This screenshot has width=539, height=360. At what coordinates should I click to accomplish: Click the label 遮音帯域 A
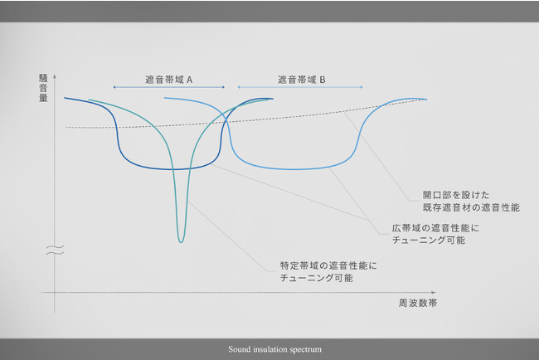(x=169, y=80)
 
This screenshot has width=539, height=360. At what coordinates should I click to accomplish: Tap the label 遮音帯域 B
(x=302, y=80)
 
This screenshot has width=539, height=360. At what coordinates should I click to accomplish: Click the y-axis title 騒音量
(x=43, y=88)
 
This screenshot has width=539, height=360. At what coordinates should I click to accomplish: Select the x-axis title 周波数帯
(x=418, y=303)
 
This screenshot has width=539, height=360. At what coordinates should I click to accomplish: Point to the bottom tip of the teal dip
(x=181, y=242)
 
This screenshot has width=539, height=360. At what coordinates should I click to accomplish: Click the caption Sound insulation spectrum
(x=275, y=349)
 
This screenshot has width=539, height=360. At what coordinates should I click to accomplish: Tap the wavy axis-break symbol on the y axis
(x=55, y=251)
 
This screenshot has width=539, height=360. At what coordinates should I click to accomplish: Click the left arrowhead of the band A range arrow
(x=114, y=87)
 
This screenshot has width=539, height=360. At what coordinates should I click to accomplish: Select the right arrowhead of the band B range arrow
(x=362, y=87)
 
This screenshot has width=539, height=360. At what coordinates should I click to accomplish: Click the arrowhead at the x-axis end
(x=434, y=292)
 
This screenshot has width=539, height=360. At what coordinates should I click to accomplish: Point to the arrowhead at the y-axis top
(x=54, y=75)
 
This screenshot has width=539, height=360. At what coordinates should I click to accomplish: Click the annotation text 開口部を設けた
(x=456, y=195)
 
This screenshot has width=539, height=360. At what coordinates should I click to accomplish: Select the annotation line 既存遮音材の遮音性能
(x=471, y=207)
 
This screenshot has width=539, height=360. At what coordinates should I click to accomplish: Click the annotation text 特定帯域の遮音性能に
(x=328, y=265)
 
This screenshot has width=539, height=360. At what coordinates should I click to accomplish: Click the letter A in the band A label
(x=189, y=80)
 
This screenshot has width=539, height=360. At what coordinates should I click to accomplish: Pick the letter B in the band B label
(x=323, y=80)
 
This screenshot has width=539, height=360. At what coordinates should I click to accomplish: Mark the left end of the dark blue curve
(x=65, y=98)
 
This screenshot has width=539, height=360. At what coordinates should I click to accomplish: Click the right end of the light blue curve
(x=426, y=100)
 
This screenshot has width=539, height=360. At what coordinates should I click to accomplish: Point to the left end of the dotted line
(x=66, y=128)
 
